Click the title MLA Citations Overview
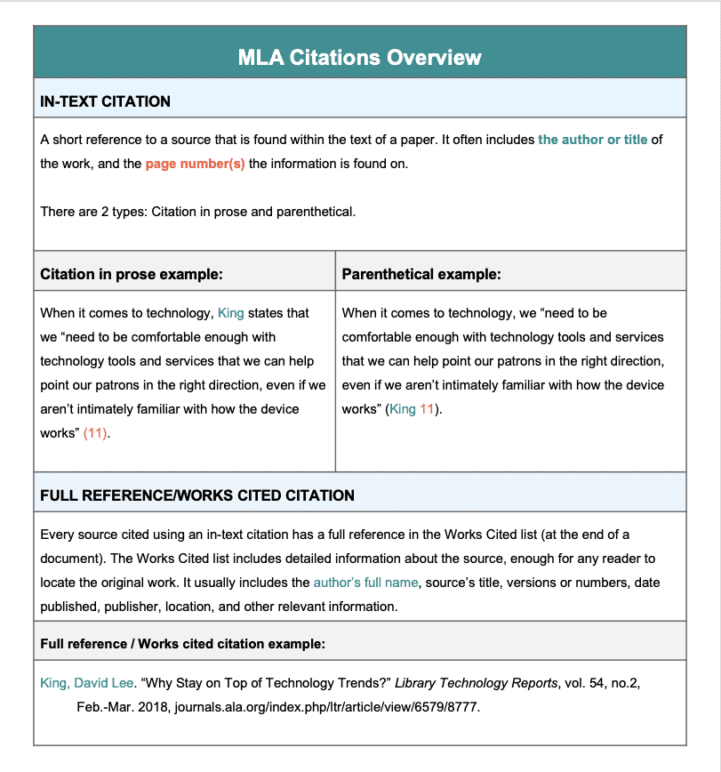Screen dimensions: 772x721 pyautogui.click(x=359, y=58)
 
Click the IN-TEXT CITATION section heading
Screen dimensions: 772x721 pyautogui.click(x=105, y=101)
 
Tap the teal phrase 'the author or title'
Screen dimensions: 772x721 pyautogui.click(x=592, y=141)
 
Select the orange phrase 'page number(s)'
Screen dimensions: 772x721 pyautogui.click(x=195, y=164)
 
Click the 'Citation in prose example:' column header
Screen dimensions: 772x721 pyautogui.click(x=132, y=274)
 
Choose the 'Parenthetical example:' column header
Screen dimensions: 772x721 pyautogui.click(x=421, y=274)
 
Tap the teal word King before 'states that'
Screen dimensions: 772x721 pyautogui.click(x=230, y=313)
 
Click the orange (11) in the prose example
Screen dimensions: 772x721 pyautogui.click(x=96, y=433)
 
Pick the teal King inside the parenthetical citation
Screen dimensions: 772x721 pyautogui.click(x=403, y=409)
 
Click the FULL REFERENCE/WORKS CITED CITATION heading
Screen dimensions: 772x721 pyautogui.click(x=197, y=495)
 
